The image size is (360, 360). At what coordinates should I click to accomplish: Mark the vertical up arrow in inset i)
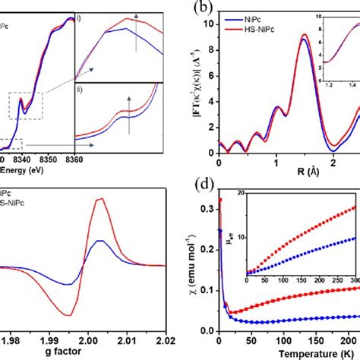tap(136, 38)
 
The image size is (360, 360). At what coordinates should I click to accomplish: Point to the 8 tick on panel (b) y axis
tap(209, 59)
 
